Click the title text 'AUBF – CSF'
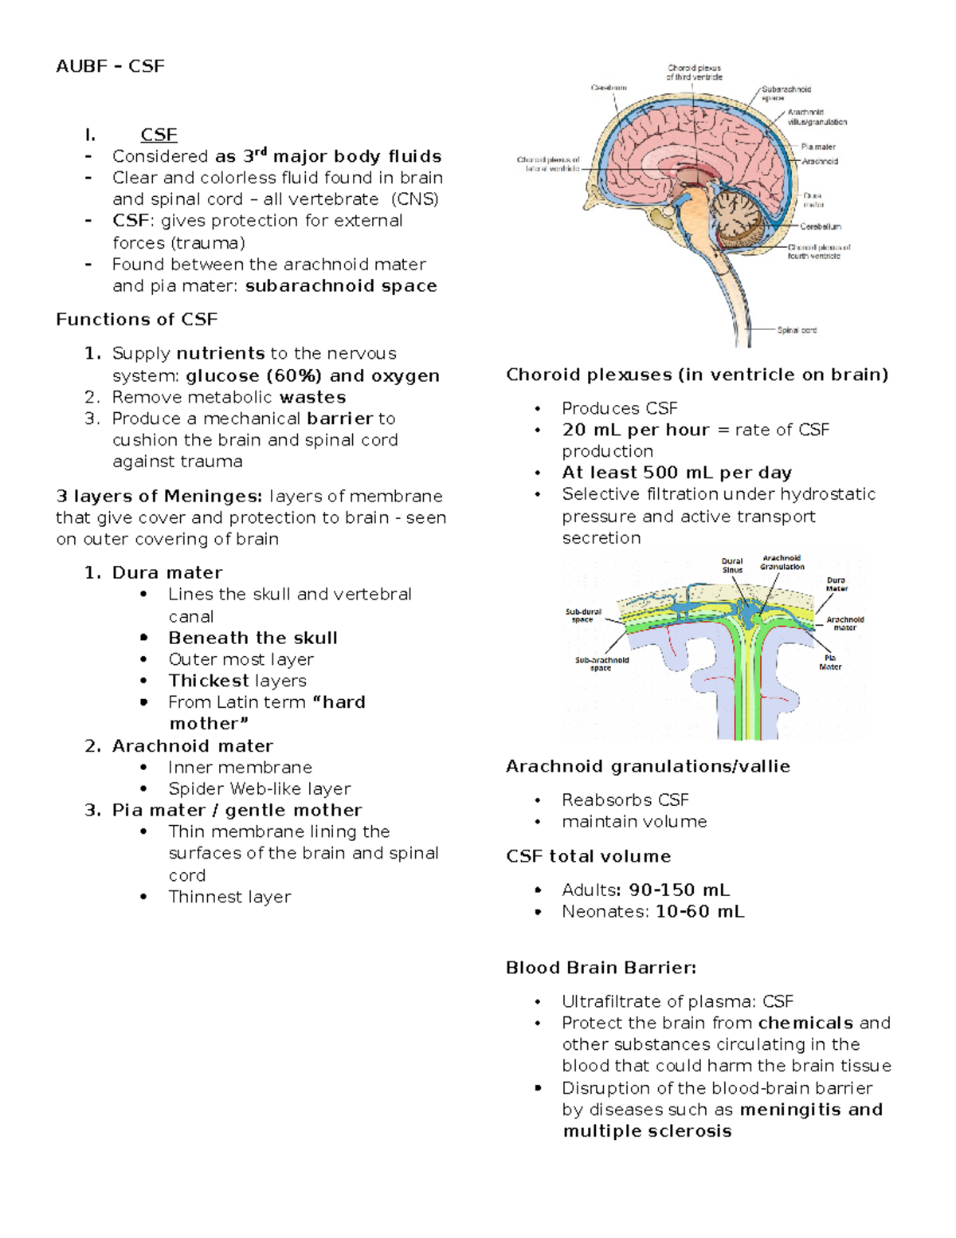[x=110, y=66]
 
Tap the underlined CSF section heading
[x=159, y=135]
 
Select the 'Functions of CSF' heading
[x=136, y=320]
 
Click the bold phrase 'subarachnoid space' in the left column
[x=341, y=286]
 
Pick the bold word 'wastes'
[x=312, y=397]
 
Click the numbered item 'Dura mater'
[x=167, y=572]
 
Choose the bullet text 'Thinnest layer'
[x=229, y=897]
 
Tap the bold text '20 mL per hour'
[x=635, y=430]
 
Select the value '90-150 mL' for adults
[x=680, y=890]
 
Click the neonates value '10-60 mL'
[x=700, y=911]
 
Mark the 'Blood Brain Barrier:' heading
[x=601, y=968]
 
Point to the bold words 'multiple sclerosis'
[x=647, y=1131]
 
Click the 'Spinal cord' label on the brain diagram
[x=797, y=330]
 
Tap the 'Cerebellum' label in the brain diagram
[x=821, y=226]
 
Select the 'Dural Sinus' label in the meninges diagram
[x=732, y=565]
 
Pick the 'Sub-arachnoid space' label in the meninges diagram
[x=601, y=664]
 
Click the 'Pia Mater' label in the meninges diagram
[x=830, y=662]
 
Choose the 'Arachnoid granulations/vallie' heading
[x=648, y=766]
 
